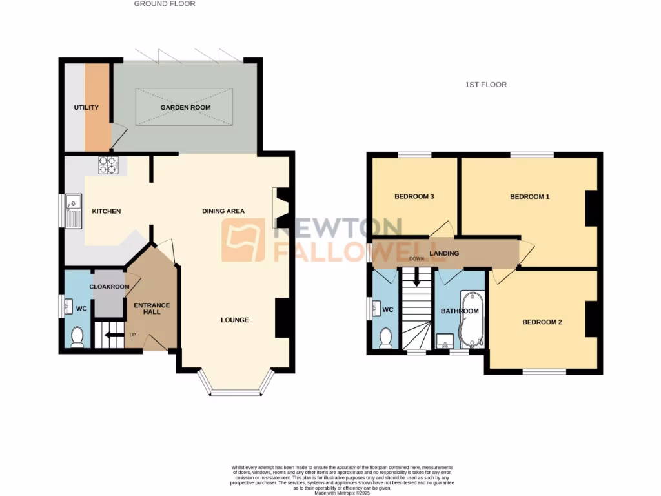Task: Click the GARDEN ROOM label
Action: [x=186, y=108]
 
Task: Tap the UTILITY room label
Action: [x=86, y=108]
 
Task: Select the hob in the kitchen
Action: [x=107, y=165]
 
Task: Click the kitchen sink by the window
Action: [x=73, y=212]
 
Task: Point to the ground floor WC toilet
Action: [x=77, y=337]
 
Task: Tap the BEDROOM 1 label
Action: [x=529, y=197]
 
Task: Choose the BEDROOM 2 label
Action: [x=542, y=322]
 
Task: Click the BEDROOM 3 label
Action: [x=414, y=197]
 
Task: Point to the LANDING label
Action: [x=444, y=253]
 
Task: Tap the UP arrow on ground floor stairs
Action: [x=112, y=335]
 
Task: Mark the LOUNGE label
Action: [x=234, y=320]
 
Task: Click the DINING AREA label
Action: [x=223, y=211]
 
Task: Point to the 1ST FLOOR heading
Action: [x=485, y=85]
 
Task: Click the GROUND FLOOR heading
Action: [x=165, y=4]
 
